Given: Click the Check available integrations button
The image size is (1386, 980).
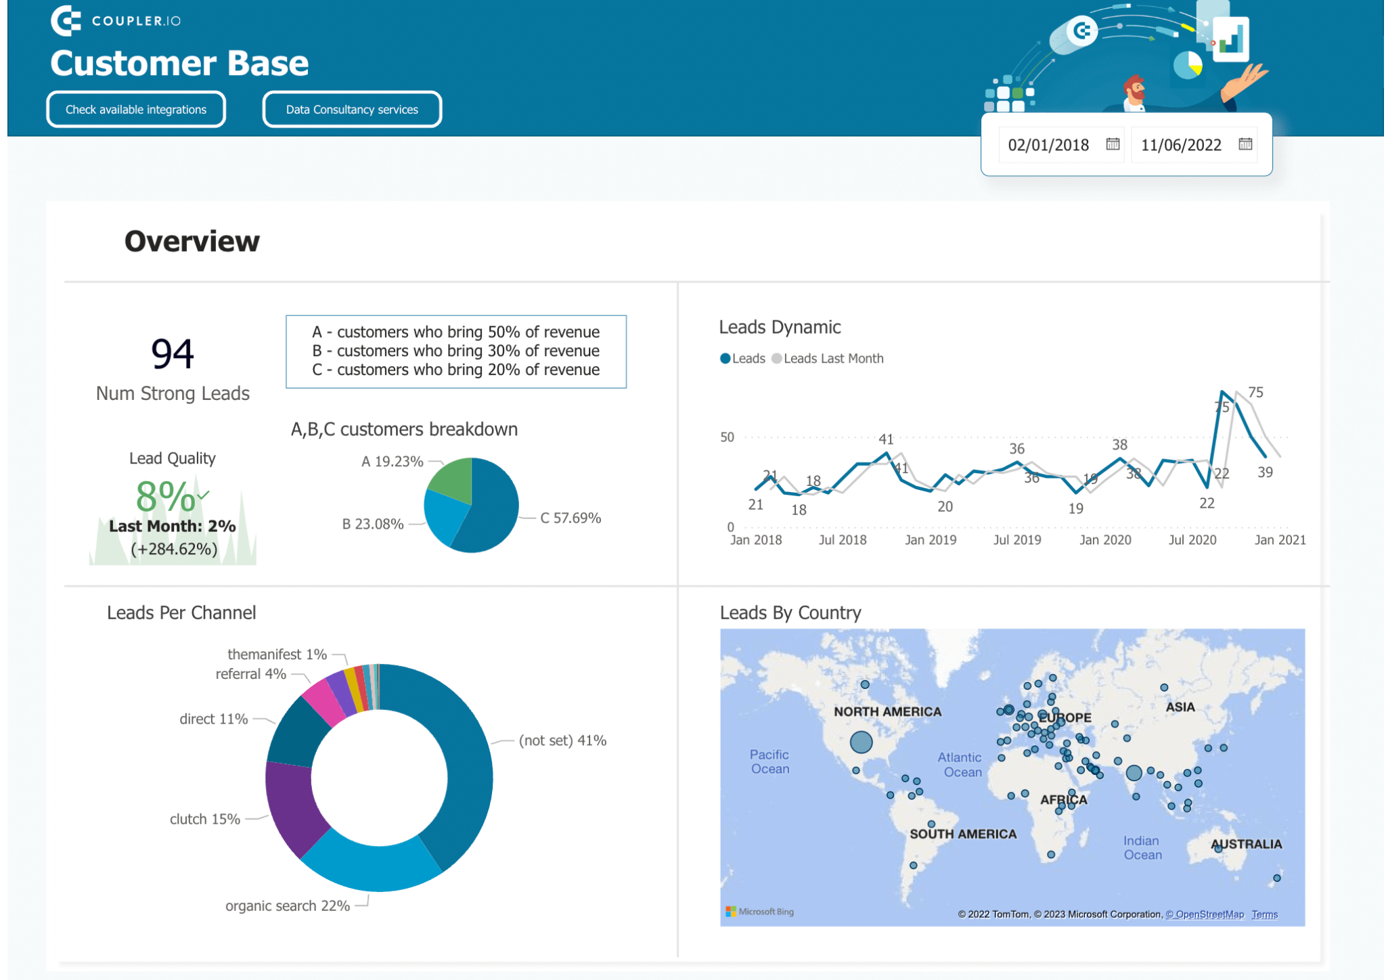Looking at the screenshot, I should click(136, 110).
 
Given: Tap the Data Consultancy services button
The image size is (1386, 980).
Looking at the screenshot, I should click(352, 110).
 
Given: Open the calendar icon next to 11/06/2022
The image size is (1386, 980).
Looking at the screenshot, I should click(1245, 144).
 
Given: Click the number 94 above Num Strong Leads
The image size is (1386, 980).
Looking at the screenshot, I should click(172, 353).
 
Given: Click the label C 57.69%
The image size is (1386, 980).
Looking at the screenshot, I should click(570, 518).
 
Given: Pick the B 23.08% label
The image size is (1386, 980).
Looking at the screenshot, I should click(372, 524).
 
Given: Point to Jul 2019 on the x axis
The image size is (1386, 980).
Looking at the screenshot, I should click(1016, 540).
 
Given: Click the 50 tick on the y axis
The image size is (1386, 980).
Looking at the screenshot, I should click(727, 437).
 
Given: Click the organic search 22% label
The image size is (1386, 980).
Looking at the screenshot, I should click(287, 906).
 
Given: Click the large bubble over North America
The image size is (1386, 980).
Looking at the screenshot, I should click(861, 742).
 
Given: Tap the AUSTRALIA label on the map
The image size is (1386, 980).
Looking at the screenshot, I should click(1246, 844).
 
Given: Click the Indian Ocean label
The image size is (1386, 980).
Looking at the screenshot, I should click(1142, 847).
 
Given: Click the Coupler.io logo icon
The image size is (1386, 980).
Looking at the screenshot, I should click(66, 20).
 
